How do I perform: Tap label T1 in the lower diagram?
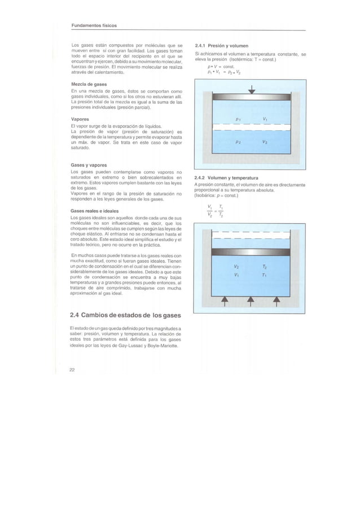pyautogui.click(x=265, y=276)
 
